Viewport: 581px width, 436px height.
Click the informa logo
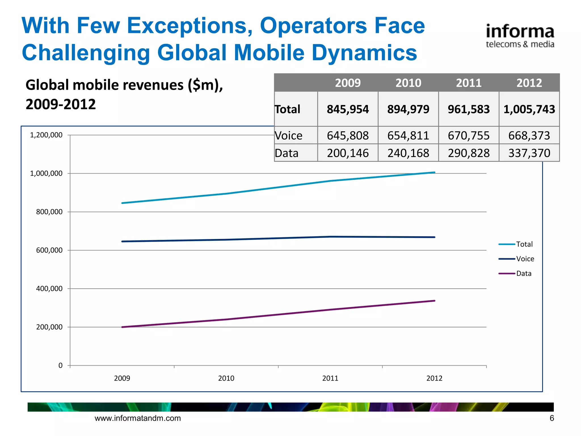520,36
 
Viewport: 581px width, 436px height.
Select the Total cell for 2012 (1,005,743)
529,109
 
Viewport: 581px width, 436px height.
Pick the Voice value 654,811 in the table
408,135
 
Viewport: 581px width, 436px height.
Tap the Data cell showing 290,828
469,153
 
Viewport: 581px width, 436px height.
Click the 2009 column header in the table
348,83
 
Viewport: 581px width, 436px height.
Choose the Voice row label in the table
289,135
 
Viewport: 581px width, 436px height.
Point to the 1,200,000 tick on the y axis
46,135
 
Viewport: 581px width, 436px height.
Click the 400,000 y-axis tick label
49,289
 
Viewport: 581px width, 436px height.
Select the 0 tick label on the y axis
60,366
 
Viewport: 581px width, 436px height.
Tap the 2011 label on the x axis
330,378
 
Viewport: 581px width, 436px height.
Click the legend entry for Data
523,274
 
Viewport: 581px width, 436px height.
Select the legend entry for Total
524,244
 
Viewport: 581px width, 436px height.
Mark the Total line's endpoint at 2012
434,172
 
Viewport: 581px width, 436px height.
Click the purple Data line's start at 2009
122,327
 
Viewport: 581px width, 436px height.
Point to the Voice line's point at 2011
330,237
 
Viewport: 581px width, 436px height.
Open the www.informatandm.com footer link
138,418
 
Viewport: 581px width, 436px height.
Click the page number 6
551,418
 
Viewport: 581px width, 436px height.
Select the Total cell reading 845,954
348,109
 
